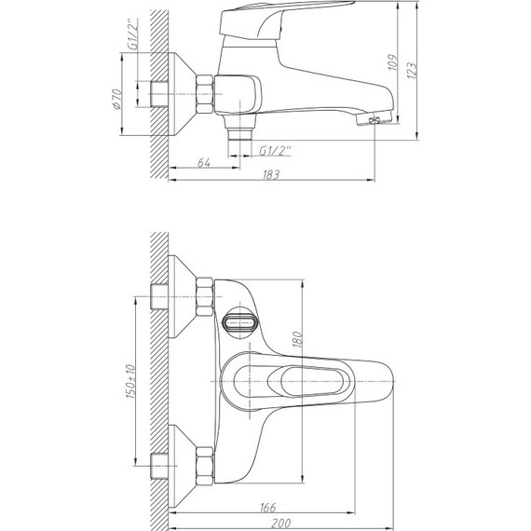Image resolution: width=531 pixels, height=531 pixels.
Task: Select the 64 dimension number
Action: coord(203,163)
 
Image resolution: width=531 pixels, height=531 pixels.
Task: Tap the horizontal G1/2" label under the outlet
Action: coord(276,151)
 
